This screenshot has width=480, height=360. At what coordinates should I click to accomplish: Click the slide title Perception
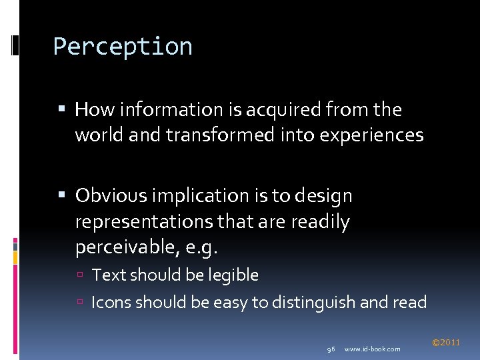click(x=123, y=47)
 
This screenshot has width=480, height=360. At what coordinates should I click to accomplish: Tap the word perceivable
click(x=124, y=248)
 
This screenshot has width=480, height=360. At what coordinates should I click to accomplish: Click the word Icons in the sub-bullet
click(x=111, y=303)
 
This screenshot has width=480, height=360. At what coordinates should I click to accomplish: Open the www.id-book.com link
click(x=373, y=349)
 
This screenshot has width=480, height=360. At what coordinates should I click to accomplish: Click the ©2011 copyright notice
click(x=446, y=343)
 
